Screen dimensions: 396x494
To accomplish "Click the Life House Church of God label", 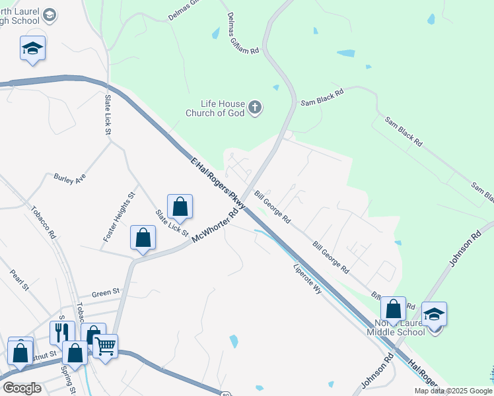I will pos(223,108).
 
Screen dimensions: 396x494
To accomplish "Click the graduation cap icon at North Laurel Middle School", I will pos(434,313).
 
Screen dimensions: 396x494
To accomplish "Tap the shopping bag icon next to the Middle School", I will pos(394,309).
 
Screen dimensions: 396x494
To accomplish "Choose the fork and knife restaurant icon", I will pos(62,332).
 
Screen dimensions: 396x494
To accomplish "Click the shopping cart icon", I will pos(105,345).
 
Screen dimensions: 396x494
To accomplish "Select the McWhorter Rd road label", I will pos(215,226).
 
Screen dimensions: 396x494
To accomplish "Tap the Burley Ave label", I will pos(70,180).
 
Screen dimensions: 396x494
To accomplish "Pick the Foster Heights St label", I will pos(119,216).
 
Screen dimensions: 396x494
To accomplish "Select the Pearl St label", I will pos(20,280).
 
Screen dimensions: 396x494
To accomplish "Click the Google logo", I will pos(22,388).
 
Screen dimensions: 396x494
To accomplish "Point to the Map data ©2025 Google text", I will pos(454,391).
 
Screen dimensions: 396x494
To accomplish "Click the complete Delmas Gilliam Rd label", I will pos(244,32).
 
